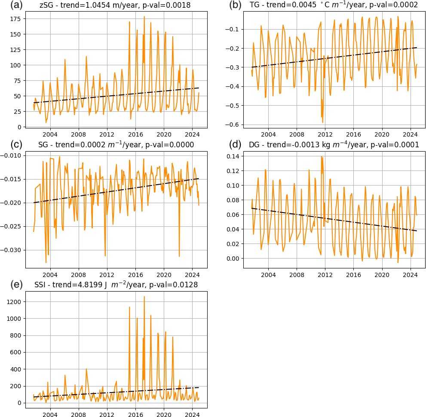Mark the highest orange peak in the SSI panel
pos(144,296)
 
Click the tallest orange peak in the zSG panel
pos(144,17)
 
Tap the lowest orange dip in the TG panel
pos(323,123)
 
